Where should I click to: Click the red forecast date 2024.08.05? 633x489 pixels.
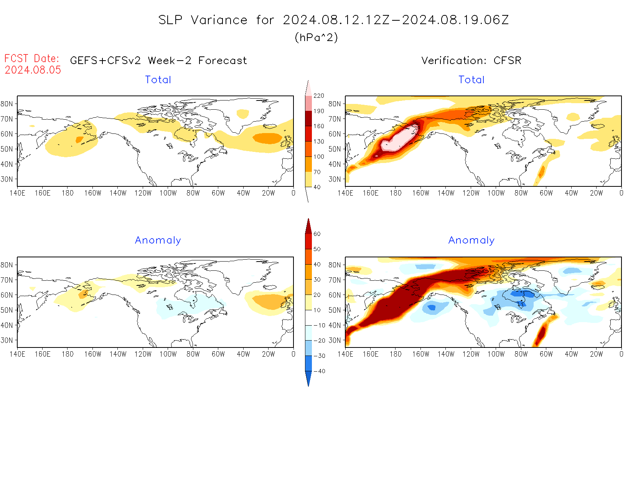tap(33, 70)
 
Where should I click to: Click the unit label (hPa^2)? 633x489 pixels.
tap(316, 37)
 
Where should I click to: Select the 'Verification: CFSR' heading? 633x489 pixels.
tap(471, 60)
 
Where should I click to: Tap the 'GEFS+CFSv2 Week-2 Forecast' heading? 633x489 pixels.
tap(158, 60)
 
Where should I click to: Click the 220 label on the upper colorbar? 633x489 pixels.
tap(318, 95)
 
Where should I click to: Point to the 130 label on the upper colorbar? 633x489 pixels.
tap(318, 141)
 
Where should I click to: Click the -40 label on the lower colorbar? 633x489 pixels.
tap(319, 371)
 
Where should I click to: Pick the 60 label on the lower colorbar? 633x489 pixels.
tap(317, 234)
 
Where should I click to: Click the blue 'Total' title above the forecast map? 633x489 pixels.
tap(158, 79)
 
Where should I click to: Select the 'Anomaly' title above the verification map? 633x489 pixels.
tap(471, 240)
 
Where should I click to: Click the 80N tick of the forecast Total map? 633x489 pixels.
tap(7, 104)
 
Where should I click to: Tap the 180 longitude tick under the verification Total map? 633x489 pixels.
tap(396, 193)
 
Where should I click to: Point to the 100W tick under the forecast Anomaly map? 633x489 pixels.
tap(168, 354)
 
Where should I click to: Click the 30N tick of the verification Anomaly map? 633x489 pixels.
tap(335, 340)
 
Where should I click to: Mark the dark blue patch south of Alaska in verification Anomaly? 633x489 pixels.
tap(432, 307)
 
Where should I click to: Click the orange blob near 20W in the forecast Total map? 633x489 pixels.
tap(267, 138)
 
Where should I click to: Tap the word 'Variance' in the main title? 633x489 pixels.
tap(219, 20)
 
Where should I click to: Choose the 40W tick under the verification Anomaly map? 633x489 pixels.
tap(571, 354)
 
